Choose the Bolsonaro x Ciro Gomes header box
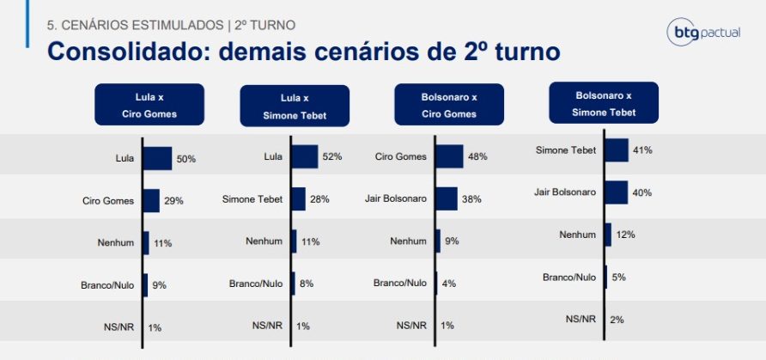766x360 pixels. [x=436, y=105]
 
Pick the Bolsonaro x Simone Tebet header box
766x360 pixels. [x=602, y=103]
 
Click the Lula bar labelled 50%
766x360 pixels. [x=157, y=158]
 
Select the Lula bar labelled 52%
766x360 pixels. [x=305, y=156]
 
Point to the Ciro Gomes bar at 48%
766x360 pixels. [x=450, y=156]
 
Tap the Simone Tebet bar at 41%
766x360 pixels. [x=617, y=149]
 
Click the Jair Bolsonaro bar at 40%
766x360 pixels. [x=616, y=192]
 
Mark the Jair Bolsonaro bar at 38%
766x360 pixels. [x=447, y=199]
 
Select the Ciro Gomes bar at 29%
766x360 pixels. [x=151, y=200]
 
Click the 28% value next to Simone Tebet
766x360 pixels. [x=319, y=199]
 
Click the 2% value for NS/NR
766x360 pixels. [x=616, y=319]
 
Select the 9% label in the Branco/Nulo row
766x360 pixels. [x=161, y=284]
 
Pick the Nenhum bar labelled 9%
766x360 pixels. [x=438, y=241]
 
